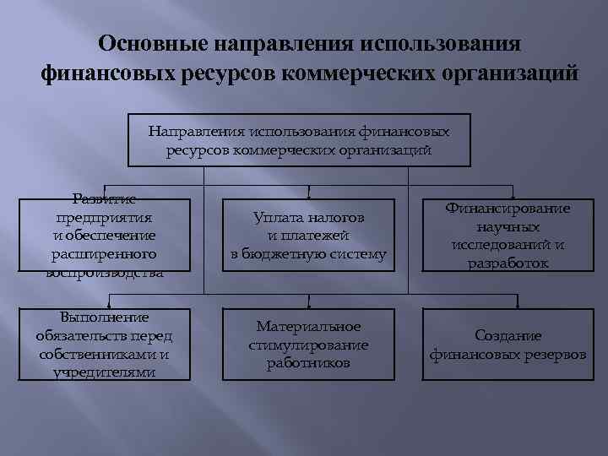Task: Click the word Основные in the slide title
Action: click(149, 42)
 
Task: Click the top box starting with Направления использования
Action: click(299, 140)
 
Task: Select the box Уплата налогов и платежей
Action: click(308, 236)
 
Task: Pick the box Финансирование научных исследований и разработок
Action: click(508, 236)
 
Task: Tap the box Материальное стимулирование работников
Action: click(308, 345)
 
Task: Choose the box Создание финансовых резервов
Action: click(508, 345)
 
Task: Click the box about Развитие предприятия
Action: click(103, 236)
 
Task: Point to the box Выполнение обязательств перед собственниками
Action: click(103, 345)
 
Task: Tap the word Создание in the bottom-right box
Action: click(508, 335)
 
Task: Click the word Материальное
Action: click(308, 326)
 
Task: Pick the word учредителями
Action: click(103, 372)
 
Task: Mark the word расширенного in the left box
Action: click(103, 253)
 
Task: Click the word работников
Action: click(308, 363)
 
